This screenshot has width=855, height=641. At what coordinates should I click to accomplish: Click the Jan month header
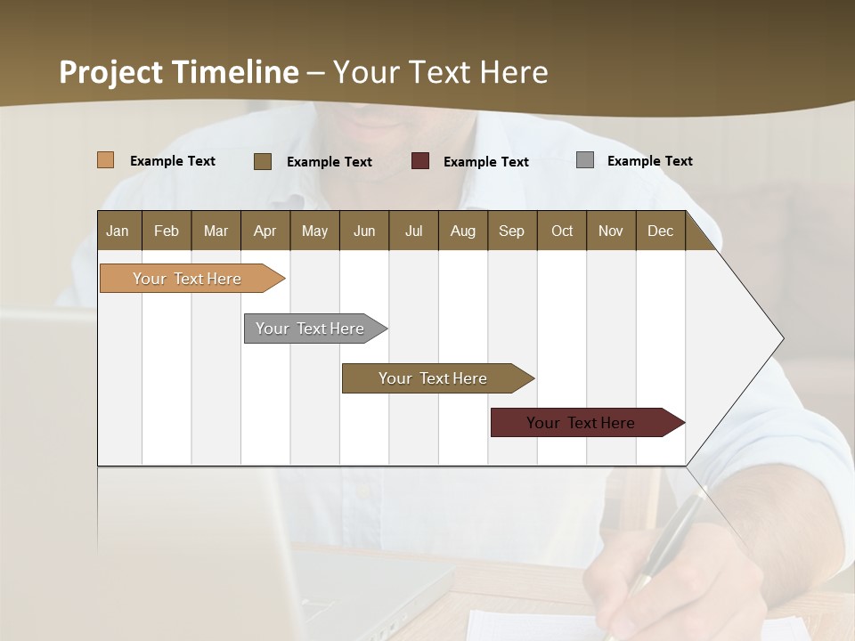(x=118, y=231)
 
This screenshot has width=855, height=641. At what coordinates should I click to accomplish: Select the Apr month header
(x=265, y=231)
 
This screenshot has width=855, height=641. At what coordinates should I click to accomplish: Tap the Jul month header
(x=413, y=231)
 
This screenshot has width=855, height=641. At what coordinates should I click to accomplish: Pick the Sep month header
(x=511, y=231)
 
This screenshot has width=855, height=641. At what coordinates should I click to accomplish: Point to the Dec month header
(x=660, y=231)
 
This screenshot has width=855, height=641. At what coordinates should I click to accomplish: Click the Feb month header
(x=167, y=231)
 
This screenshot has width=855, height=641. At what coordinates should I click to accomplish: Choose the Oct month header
(x=562, y=231)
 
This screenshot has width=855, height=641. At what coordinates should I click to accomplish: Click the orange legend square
(x=105, y=160)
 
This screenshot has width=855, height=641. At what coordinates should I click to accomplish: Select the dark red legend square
(x=420, y=161)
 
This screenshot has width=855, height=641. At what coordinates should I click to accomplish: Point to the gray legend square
(x=585, y=160)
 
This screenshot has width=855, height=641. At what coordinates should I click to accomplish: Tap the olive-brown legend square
(x=263, y=161)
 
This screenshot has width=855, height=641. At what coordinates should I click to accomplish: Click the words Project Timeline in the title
(x=179, y=72)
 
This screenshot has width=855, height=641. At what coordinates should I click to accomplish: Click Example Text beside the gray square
(x=649, y=161)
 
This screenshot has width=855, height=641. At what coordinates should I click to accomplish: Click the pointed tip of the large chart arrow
(x=781, y=338)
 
